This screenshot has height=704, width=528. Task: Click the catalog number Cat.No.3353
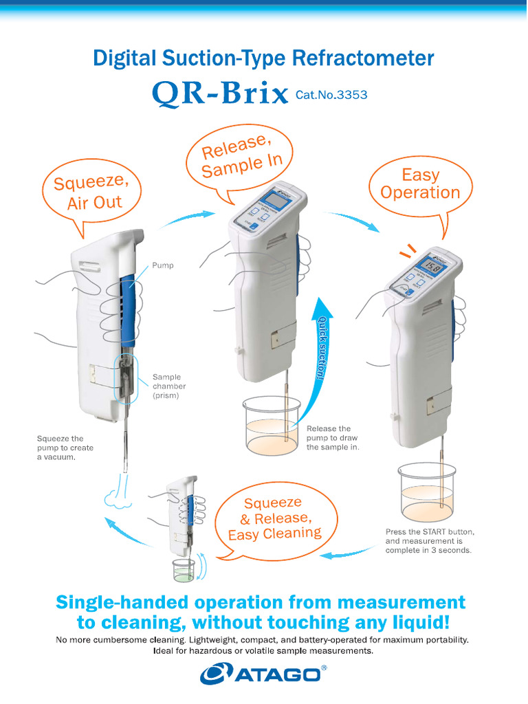coord(331,95)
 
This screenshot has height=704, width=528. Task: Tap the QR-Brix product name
coord(219,94)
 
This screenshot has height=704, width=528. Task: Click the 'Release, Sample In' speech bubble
coord(238,156)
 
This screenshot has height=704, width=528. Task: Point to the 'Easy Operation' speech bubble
coord(420,184)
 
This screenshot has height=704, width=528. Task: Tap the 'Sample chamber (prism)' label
coord(169,386)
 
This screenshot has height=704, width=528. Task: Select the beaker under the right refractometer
coord(427,492)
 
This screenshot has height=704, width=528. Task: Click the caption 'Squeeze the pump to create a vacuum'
coord(65,448)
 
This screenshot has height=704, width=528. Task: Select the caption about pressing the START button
coord(429,541)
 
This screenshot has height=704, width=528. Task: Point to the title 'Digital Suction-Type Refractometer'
coord(263,58)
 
